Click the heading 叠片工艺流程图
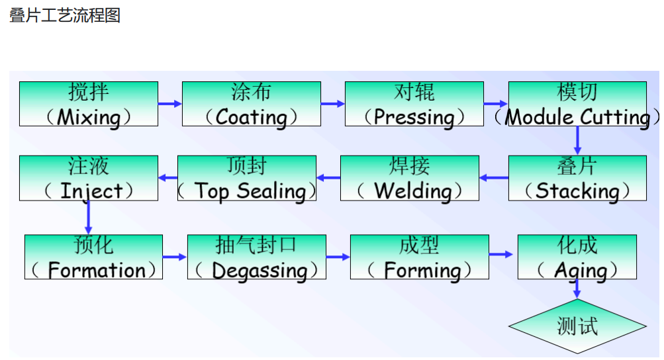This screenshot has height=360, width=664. [x=65, y=16]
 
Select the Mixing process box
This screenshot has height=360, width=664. [x=89, y=104]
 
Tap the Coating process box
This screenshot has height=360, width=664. [x=252, y=104]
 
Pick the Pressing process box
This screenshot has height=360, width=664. [x=414, y=104]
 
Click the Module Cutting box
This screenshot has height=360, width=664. [x=577, y=104]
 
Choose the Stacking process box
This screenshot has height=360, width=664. [x=577, y=178]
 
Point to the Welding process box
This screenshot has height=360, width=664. [x=410, y=178]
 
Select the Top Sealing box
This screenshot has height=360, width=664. [x=247, y=178]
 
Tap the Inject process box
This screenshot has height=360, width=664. [x=89, y=178]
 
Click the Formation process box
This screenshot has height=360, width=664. [x=93, y=257]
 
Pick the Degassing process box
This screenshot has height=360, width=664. [x=257, y=257]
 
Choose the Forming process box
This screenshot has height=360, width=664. [x=420, y=257]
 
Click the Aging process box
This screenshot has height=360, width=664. [x=577, y=257]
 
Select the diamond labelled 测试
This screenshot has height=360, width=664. [x=577, y=326]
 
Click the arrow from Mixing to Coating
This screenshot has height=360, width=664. [x=170, y=104]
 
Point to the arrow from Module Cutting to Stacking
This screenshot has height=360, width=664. [x=577, y=140]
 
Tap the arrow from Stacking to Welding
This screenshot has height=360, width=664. [x=494, y=177]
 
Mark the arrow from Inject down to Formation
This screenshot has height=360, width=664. [x=89, y=217]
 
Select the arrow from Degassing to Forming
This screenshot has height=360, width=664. [x=338, y=257]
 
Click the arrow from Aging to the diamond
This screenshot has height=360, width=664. [x=577, y=289]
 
